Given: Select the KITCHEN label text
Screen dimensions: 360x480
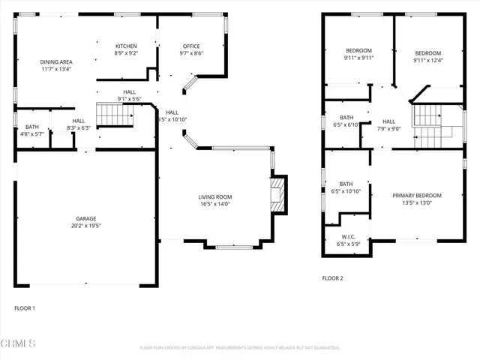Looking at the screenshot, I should pos(124,46).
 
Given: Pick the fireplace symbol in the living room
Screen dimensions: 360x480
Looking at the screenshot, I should pos(278,195).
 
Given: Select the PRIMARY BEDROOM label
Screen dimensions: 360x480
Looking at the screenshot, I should pos(416,196).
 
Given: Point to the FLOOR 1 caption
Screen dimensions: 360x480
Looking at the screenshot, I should pos(25,307).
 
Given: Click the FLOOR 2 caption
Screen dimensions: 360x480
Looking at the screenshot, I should pos(332,278).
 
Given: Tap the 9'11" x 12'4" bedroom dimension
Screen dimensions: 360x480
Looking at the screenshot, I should pos(429,61).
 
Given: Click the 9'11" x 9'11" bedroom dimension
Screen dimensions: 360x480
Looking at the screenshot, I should pos(358,58).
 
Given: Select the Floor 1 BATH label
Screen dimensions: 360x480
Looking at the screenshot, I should pos(31,127).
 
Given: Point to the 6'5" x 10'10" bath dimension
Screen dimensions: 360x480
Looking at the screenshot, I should pos(346,191).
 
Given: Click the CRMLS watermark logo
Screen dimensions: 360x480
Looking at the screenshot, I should pos(19,343).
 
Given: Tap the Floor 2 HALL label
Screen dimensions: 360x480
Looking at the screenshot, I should pos(388,121).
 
